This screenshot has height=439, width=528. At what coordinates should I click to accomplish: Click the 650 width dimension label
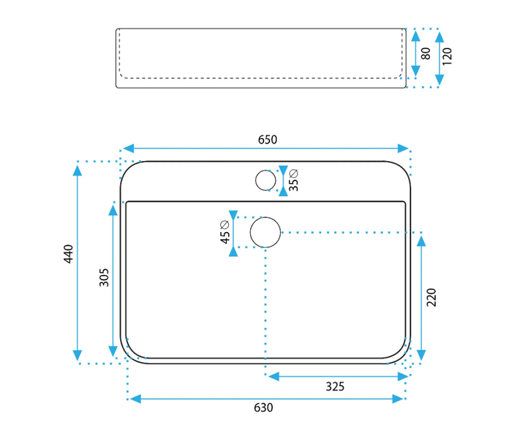click(267, 139)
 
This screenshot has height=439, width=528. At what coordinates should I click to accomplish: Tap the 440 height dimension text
click(67, 254)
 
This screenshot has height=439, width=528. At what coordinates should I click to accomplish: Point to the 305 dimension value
click(105, 277)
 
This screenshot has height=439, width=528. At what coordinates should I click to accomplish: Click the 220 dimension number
click(431, 297)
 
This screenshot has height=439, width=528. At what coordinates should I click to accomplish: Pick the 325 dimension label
click(335, 386)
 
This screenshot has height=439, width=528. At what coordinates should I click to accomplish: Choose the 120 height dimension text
click(448, 55)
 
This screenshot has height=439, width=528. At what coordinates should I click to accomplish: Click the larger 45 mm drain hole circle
click(265, 232)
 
